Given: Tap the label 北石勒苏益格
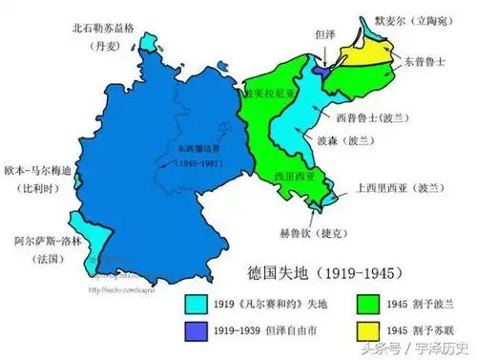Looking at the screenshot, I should point(110,28).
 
